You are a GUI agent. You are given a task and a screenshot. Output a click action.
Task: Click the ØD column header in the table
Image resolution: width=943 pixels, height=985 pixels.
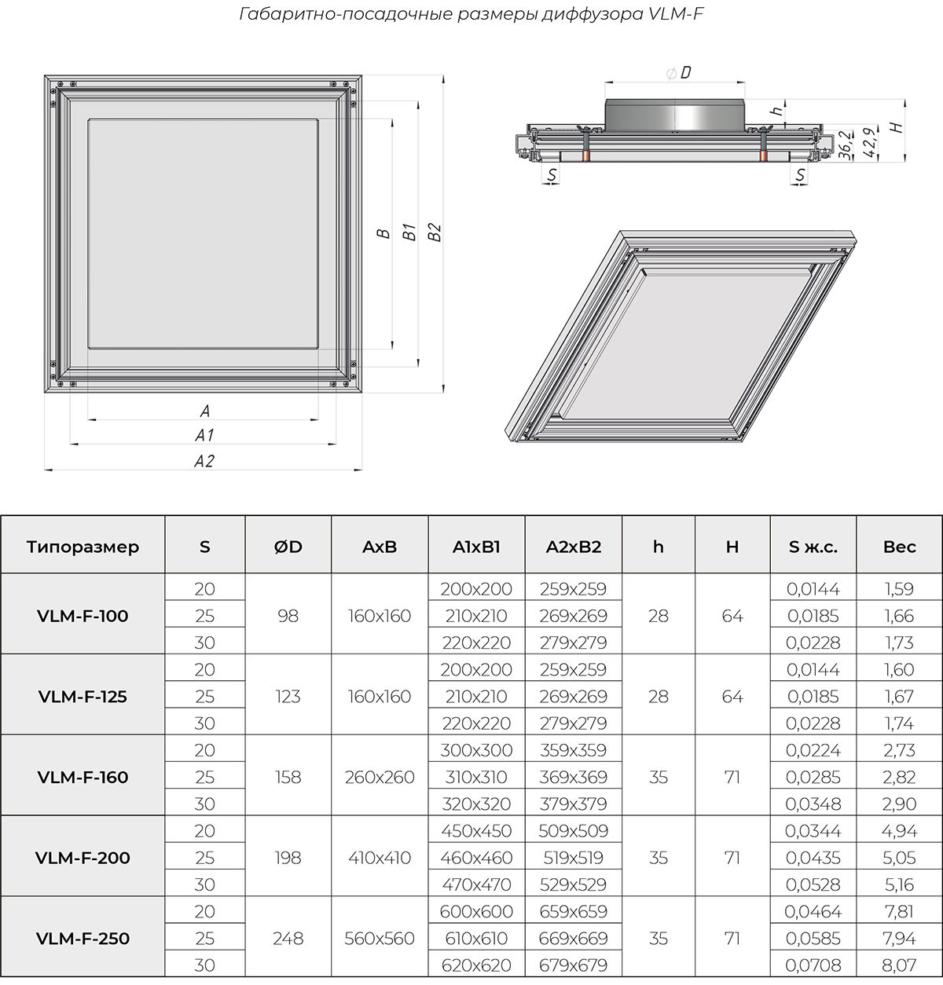[x=288, y=547]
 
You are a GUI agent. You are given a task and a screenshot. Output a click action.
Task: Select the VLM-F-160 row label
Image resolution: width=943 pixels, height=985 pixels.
[x=83, y=777]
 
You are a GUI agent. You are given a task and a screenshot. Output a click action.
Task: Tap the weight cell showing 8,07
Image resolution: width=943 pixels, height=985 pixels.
[x=899, y=965]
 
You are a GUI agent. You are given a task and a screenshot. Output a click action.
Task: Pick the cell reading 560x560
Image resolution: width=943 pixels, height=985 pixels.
[x=380, y=939]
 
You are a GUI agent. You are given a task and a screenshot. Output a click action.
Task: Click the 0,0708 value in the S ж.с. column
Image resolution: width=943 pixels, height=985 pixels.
[x=813, y=965]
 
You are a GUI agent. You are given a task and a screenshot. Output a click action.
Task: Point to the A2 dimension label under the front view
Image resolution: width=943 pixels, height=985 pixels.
[x=204, y=461]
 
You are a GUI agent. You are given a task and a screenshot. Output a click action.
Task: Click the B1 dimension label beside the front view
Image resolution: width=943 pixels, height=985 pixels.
[x=409, y=231]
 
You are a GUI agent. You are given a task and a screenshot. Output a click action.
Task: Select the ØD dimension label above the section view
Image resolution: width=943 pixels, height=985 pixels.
[x=679, y=73]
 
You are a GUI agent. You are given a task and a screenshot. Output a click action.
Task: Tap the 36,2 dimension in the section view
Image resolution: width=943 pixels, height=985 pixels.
[x=843, y=145]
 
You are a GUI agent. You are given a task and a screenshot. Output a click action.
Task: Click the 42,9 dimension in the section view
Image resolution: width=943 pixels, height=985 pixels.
[x=868, y=143]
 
